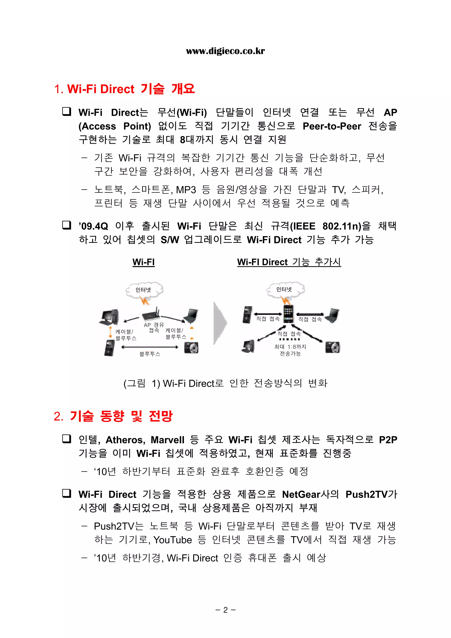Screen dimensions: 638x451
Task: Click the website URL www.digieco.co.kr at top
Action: [x=225, y=51]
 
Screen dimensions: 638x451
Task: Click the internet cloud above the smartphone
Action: [x=285, y=290]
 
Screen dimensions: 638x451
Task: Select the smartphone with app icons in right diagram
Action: [x=288, y=313]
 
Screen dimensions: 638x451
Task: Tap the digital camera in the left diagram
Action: [x=191, y=347]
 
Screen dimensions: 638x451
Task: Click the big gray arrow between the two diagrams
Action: [x=220, y=323]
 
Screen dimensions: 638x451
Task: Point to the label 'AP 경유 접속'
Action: [x=154, y=327]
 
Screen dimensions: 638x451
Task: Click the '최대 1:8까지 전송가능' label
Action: [x=290, y=350]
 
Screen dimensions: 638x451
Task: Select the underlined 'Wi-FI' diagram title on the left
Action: [x=143, y=262]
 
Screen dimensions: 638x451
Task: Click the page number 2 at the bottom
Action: [x=225, y=610]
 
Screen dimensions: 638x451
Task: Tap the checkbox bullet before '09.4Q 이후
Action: [x=67, y=225]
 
